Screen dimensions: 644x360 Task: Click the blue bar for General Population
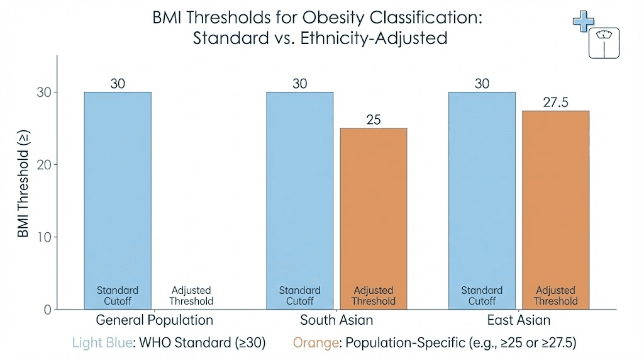coord(118,201)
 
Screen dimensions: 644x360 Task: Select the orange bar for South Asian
coord(374,218)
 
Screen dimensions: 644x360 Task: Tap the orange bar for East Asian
coord(556,210)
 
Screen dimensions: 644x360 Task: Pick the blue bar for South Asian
coord(300,201)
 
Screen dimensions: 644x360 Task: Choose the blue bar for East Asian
coord(482,201)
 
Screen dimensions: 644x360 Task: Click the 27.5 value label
coord(556,103)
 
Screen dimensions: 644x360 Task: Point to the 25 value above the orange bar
coord(374,120)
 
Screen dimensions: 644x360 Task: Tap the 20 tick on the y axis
coord(44,165)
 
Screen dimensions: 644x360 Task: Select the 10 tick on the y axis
coord(45,237)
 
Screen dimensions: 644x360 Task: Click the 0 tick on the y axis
coord(48,310)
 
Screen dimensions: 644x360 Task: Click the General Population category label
coord(155,320)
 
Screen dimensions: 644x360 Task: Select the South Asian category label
coord(336,320)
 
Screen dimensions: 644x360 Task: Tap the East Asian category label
coord(519,320)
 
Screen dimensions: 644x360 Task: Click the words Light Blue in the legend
coord(103,342)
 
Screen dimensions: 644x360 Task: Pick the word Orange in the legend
coord(316,342)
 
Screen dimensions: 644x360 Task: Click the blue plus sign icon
coord(584,21)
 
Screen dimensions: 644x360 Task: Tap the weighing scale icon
coord(604,43)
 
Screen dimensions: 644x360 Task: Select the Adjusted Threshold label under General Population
coord(191,295)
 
